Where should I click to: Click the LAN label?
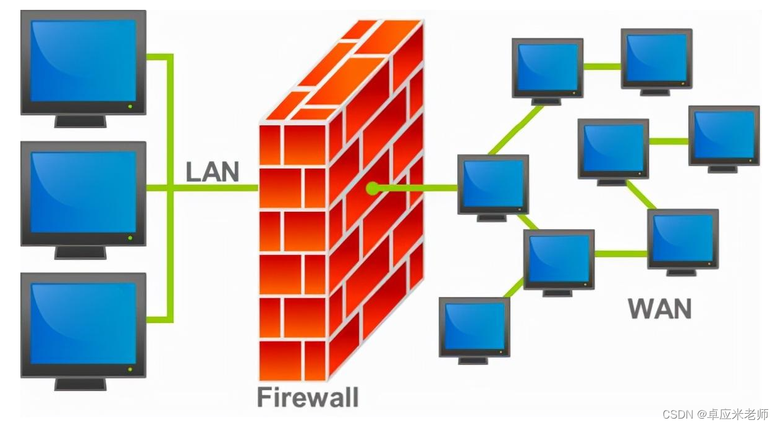click(x=212, y=172)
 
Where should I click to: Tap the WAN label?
click(x=659, y=309)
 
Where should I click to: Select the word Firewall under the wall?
click(x=307, y=397)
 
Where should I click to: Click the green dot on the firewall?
click(x=371, y=188)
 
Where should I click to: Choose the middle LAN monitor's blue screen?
click(x=83, y=191)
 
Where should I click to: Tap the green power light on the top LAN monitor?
click(x=130, y=106)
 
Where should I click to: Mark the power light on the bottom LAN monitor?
click(x=130, y=369)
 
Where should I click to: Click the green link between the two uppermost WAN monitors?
click(x=602, y=66)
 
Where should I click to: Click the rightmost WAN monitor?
click(x=724, y=135)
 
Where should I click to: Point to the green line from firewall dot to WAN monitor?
click(x=417, y=188)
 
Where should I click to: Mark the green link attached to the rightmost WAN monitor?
click(x=669, y=141)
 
